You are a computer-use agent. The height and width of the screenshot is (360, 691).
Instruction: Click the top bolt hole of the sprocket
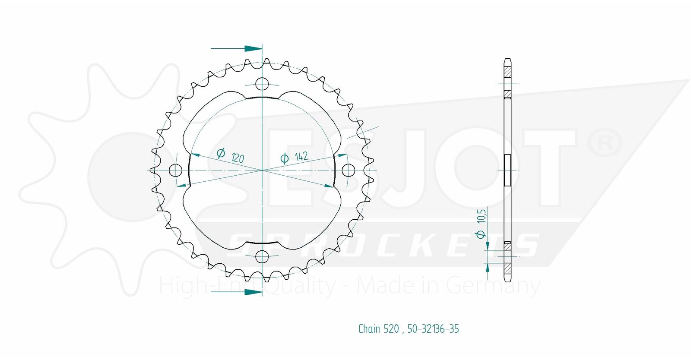point(262,84)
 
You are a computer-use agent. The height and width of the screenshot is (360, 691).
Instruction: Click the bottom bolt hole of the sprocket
point(262,256)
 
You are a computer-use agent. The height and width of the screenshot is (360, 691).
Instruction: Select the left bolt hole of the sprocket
point(175,170)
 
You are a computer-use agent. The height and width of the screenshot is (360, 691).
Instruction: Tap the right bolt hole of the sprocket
point(349,170)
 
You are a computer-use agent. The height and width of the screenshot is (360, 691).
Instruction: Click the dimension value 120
point(238,158)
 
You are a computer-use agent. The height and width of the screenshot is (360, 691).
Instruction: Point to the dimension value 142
point(301,157)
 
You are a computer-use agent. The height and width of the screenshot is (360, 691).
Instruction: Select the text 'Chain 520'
point(378,329)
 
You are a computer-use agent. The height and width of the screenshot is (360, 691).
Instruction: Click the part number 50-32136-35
point(433,329)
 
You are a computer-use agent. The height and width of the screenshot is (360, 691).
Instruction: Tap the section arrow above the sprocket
point(236,48)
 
